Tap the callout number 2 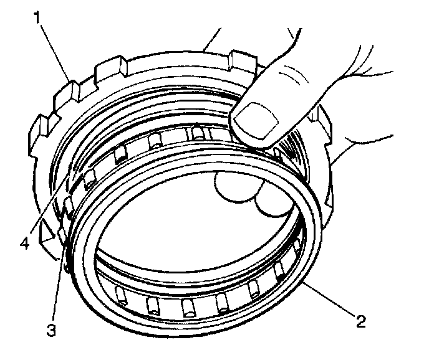[359, 321]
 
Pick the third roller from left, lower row [187, 307]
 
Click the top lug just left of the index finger [240, 62]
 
